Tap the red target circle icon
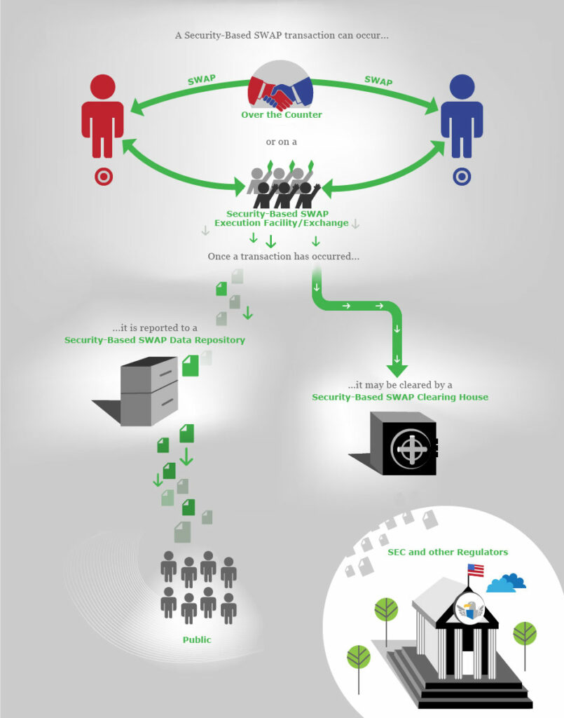pyautogui.click(x=103, y=176)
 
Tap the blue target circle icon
pyautogui.click(x=462, y=176)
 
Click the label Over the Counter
pyautogui.click(x=282, y=115)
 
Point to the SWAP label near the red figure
pyautogui.click(x=202, y=79)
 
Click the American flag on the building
pyautogui.click(x=476, y=569)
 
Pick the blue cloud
pyautogui.click(x=506, y=583)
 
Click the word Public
pyautogui.click(x=197, y=639)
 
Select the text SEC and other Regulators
pyautogui.click(x=448, y=552)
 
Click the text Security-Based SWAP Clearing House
pyautogui.click(x=400, y=397)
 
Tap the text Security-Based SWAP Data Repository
pyautogui.click(x=155, y=340)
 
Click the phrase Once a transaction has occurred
pyautogui.click(x=283, y=256)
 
